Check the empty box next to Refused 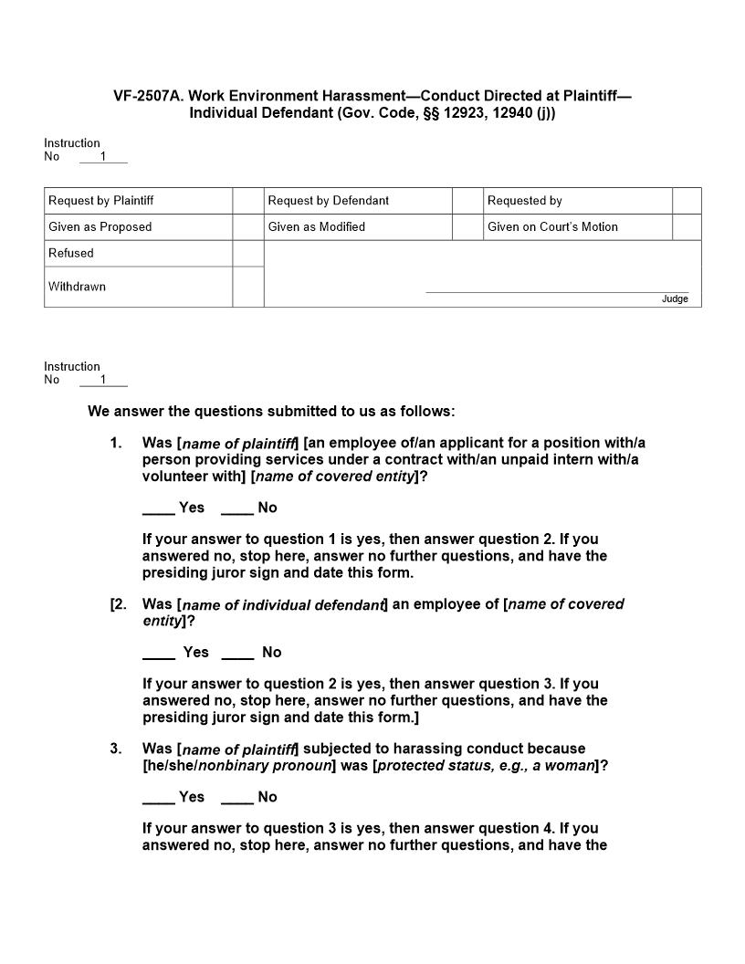pyautogui.click(x=248, y=254)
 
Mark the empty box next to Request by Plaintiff pyautogui.click(x=248, y=201)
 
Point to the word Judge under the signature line pyautogui.click(x=675, y=299)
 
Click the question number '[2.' pyautogui.click(x=119, y=604)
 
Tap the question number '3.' pyautogui.click(x=116, y=749)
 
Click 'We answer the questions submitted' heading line pyautogui.click(x=271, y=412)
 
